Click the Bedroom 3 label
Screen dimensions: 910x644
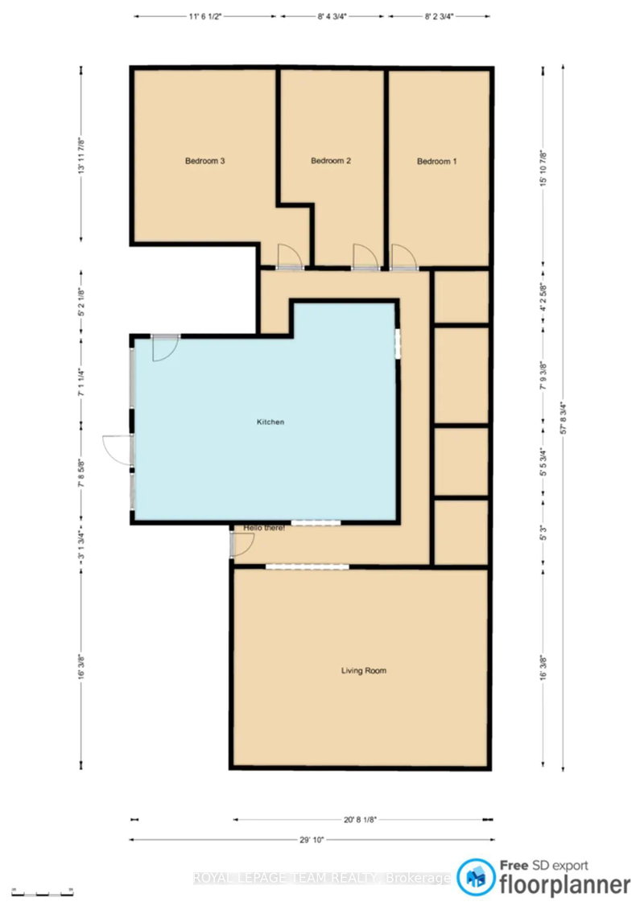204,161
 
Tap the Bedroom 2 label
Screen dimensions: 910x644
331,161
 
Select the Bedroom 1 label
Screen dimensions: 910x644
436,161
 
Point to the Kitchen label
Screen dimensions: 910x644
270,422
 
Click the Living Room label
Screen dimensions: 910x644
364,669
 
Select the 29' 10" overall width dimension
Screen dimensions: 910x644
311,839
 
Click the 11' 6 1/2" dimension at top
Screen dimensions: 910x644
205,15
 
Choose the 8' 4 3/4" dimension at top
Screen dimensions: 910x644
333,15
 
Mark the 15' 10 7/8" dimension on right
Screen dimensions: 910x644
544,169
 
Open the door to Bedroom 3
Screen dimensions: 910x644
287,257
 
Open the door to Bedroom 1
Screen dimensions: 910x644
403,256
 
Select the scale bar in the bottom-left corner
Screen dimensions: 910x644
48,892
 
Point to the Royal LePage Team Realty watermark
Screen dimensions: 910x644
322,879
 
